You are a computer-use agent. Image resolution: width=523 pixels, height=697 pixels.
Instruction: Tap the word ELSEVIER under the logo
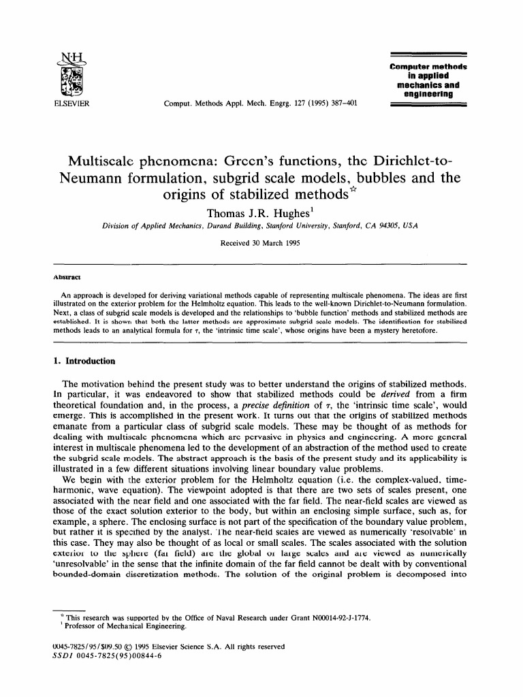[70, 104]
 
